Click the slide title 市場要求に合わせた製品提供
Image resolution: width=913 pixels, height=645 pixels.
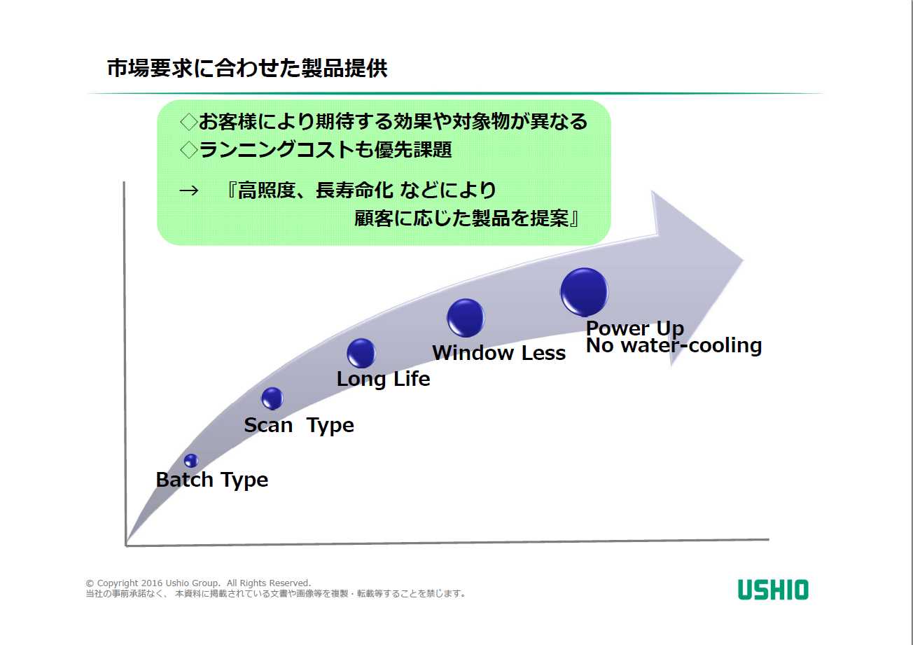(x=246, y=69)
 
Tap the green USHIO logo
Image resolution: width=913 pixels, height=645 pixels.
(x=772, y=590)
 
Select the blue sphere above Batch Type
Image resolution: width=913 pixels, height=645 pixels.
(x=191, y=460)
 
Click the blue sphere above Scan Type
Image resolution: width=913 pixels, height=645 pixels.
(x=272, y=398)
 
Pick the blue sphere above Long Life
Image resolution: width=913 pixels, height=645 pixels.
(x=361, y=353)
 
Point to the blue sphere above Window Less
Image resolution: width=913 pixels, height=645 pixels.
(x=465, y=317)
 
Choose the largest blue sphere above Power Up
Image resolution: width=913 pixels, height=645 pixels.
(x=584, y=291)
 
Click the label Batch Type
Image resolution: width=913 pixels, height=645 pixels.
(x=211, y=480)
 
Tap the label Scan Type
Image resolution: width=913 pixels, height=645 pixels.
(x=299, y=425)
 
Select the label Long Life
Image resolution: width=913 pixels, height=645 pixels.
(x=383, y=379)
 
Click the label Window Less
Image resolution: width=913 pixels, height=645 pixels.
(x=499, y=352)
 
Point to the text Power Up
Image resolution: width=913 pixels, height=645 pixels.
(x=634, y=328)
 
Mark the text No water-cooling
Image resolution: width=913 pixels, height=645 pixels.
(x=674, y=345)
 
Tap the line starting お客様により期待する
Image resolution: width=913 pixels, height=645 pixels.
(x=392, y=122)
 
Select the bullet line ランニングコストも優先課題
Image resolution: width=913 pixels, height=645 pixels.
(x=326, y=149)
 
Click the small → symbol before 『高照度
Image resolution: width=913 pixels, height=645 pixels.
(x=189, y=190)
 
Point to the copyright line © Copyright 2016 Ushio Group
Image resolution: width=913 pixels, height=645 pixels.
(x=198, y=583)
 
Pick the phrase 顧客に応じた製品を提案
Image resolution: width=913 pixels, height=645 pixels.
(x=462, y=219)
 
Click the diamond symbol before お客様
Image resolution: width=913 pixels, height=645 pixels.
(x=188, y=122)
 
